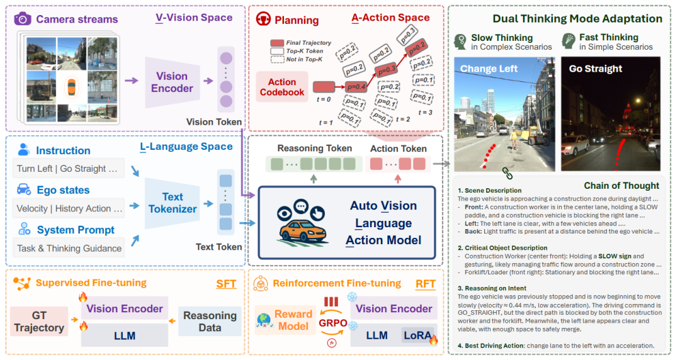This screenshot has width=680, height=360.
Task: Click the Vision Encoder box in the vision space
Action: pos(172,82)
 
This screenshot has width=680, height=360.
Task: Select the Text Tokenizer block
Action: pos(173,202)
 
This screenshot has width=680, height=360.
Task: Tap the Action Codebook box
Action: pos(281,87)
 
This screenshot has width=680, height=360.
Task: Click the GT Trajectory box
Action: pos(39,322)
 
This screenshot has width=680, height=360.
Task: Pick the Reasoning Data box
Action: pos(210,322)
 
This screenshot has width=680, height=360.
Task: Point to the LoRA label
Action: pos(417,336)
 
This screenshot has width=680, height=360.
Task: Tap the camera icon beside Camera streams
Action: pos(23,19)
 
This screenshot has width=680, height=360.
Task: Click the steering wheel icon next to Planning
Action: pos(263,19)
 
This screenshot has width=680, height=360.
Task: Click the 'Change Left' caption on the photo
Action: pos(489,69)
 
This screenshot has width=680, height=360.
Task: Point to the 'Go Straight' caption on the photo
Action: pos(595,69)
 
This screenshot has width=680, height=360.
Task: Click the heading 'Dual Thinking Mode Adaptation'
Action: pos(577,20)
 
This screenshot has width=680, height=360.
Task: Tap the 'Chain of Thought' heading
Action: pos(621,185)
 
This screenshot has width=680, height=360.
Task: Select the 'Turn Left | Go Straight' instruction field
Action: pos(67,169)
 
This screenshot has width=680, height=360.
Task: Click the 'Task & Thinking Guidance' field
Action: pos(69,248)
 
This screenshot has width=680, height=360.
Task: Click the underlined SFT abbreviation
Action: pos(226,284)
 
